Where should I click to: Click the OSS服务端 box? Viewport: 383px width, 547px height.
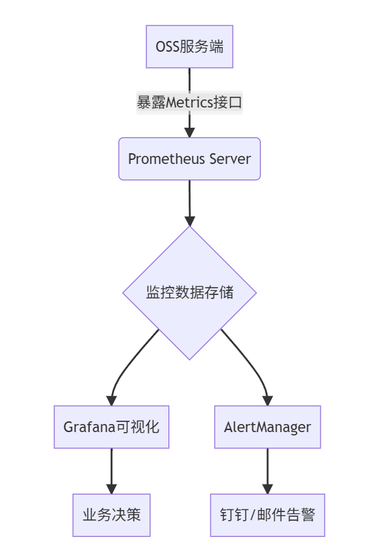click(189, 47)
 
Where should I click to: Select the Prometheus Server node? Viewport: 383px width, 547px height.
click(189, 159)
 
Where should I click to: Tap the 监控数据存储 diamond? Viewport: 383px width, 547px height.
click(189, 292)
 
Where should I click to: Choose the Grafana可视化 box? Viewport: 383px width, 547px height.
click(111, 427)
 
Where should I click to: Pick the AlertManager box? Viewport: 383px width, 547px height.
click(268, 427)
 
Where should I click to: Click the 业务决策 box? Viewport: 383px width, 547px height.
click(111, 515)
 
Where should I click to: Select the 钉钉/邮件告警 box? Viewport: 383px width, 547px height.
click(268, 515)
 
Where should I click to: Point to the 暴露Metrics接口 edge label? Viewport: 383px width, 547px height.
click(189, 103)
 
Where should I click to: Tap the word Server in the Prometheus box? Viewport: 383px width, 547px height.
click(230, 159)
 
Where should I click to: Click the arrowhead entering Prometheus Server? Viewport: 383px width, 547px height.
click(189, 132)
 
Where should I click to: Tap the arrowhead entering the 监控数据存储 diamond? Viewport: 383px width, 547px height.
click(190, 220)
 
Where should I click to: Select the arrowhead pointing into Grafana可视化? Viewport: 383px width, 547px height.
click(111, 399)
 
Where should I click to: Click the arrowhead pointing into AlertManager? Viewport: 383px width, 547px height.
click(268, 399)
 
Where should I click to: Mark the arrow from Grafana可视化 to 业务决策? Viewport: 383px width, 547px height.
click(111, 470)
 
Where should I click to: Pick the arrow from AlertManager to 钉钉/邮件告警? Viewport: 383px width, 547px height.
click(268, 470)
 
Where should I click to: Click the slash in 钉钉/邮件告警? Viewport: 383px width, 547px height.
click(254, 515)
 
